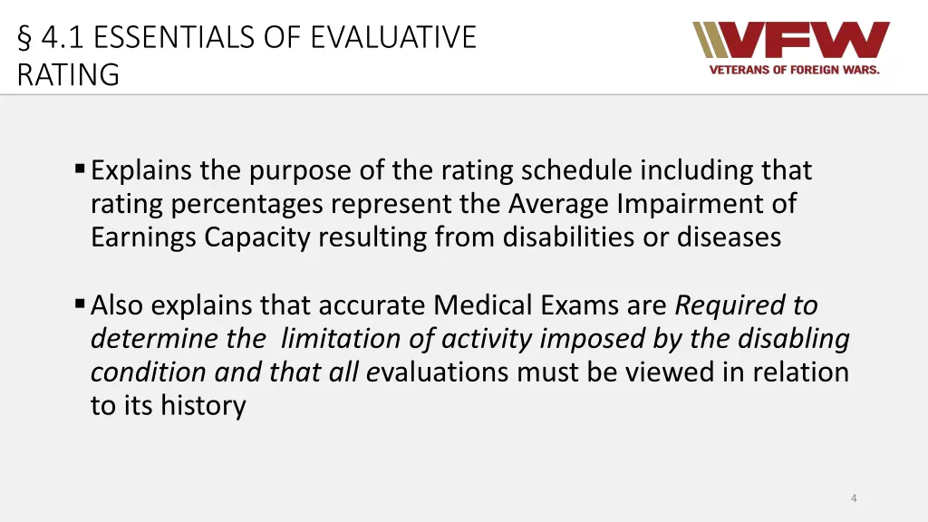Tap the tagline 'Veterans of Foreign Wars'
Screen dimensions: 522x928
point(794,70)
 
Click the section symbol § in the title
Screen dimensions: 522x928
point(24,38)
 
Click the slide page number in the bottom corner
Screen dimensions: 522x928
point(854,498)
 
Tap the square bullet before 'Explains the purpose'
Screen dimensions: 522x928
point(80,169)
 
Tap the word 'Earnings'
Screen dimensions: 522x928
point(144,237)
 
